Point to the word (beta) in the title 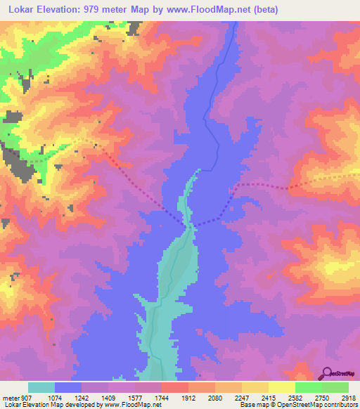coord(264,10)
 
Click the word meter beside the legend coord(9,398)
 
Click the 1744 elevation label coord(161,398)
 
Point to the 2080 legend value coord(214,398)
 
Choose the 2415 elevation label coord(268,398)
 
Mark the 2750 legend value coord(321,398)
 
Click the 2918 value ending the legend coord(348,398)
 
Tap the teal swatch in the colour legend coord(41,387)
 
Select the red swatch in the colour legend coord(174,387)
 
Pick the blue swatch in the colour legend coord(67,387)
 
